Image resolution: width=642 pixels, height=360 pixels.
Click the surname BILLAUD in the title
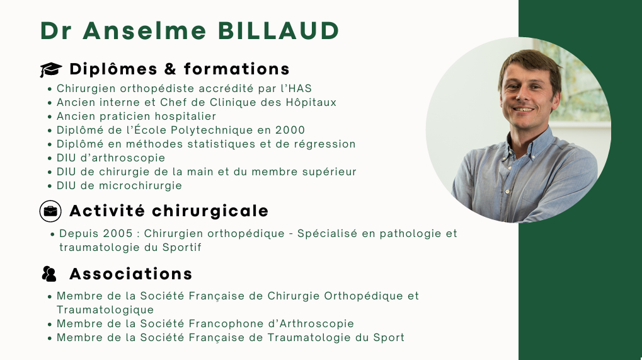(278, 31)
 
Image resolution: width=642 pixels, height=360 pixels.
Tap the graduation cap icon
(51, 69)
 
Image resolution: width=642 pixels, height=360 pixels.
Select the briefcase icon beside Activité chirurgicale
(50, 211)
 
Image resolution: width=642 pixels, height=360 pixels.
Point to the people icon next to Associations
(49, 274)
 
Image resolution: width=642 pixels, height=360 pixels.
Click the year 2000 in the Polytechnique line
(290, 131)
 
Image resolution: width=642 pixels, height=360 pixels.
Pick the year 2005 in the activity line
(118, 233)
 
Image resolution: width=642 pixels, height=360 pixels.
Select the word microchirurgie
(140, 185)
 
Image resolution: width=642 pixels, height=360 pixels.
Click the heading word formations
(237, 69)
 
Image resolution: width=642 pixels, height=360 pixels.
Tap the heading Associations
(131, 274)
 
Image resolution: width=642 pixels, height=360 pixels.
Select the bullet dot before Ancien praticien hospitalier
(50, 117)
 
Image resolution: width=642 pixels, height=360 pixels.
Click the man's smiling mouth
(524, 109)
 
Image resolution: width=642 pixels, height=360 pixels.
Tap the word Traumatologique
(105, 310)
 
